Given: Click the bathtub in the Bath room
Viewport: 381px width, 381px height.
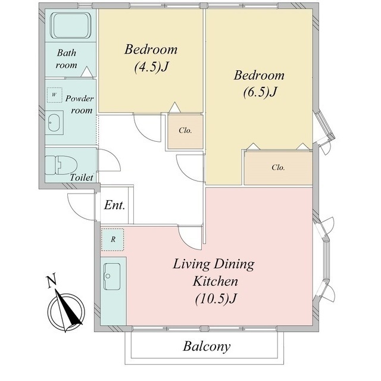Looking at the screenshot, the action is [71, 26].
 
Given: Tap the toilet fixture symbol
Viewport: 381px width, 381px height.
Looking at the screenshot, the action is [61, 165].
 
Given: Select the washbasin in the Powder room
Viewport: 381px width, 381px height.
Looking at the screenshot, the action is [55, 123].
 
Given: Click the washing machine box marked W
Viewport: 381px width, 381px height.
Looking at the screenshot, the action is [54, 95].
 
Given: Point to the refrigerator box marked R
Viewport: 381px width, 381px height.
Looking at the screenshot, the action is [113, 239].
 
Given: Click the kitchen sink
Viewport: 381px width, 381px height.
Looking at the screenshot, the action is [112, 276].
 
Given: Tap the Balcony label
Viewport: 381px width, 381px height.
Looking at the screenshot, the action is [207, 346].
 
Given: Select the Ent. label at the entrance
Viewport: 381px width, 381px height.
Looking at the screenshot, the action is [114, 205].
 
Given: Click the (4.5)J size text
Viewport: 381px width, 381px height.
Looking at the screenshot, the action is [151, 67].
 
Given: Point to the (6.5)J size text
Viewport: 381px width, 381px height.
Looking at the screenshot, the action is [260, 92].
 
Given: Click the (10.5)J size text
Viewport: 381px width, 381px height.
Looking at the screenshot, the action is [216, 298].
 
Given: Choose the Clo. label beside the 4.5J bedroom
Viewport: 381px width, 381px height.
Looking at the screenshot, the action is [185, 130].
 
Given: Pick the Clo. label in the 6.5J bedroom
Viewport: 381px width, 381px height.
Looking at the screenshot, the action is [278, 167].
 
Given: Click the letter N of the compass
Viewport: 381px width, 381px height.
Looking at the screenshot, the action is [52, 280].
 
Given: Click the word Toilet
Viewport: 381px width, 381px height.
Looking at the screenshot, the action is [82, 177].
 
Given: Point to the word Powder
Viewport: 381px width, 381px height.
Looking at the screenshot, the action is [79, 98].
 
